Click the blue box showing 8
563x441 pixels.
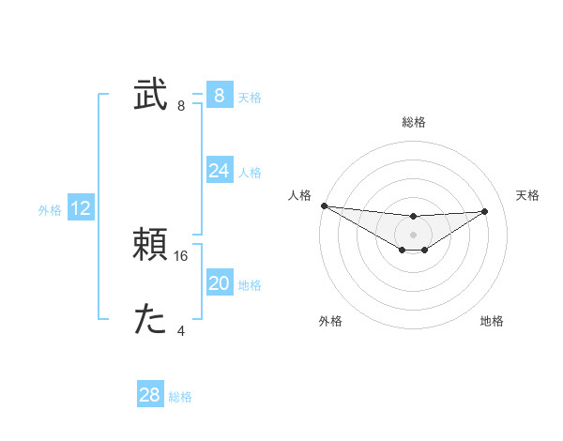coord(219,96)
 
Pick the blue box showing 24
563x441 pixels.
coord(219,171)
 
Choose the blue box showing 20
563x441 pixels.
coord(219,283)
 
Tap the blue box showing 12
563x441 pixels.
coord(81,208)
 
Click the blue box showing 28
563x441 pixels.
coord(150,395)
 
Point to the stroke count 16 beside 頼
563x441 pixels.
coord(182,255)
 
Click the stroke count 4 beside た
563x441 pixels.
coord(181,330)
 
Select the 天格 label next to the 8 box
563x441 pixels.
coord(250,98)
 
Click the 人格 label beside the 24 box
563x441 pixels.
coord(250,173)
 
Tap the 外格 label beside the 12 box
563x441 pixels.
coord(50,210)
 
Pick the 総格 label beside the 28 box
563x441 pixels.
coord(180,397)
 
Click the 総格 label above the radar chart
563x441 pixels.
coord(413,122)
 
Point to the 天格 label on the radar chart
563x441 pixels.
coord(528,195)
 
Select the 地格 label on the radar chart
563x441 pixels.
coord(492,321)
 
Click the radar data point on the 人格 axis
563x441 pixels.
coord(324,205)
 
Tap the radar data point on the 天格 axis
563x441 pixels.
coord(485,211)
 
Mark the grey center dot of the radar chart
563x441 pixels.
coord(413,235)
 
